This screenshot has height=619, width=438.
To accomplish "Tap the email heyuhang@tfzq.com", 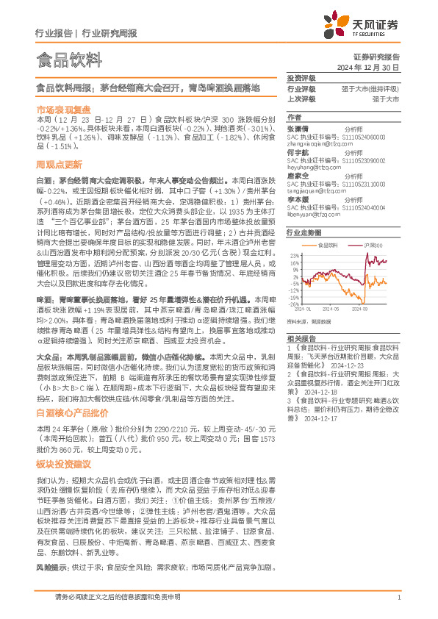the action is click(x=308, y=167).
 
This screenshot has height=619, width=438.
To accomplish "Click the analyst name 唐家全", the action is click(x=297, y=176).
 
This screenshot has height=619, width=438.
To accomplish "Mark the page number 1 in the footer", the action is click(x=398, y=598).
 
